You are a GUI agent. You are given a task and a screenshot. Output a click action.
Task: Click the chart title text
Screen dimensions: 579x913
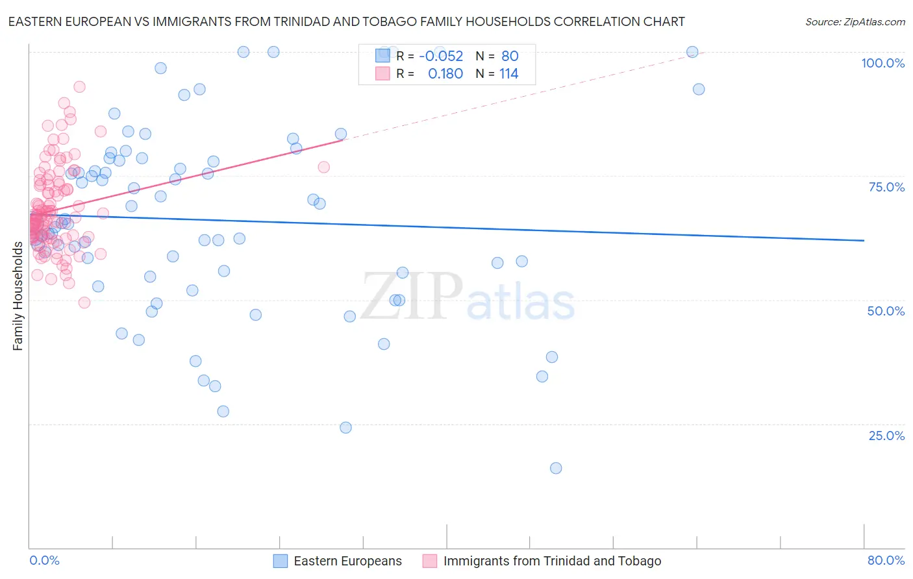coord(346,21)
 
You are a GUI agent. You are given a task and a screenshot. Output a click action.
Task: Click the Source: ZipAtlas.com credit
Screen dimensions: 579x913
coord(855,21)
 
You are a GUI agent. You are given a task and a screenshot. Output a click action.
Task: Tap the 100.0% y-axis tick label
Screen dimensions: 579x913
coord(882,63)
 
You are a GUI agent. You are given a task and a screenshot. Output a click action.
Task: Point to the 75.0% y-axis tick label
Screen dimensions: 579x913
coord(886,187)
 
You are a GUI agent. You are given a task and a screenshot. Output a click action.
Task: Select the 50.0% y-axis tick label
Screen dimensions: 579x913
coord(886,311)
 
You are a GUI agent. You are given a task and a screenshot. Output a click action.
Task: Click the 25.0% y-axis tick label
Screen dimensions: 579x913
coord(886,435)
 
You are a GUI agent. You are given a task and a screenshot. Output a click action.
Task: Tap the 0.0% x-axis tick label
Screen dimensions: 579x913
coord(44,560)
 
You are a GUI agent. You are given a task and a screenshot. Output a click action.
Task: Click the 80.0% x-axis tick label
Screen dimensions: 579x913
coord(886,560)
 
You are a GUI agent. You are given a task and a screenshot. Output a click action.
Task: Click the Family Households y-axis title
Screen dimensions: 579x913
coord(18,296)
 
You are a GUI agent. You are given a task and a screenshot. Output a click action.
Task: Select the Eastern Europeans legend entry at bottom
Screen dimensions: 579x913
coord(347,561)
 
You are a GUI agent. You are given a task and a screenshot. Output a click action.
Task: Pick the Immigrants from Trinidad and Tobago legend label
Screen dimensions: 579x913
coord(552,561)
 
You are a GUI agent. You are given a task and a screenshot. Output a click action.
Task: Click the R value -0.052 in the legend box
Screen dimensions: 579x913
coord(441,56)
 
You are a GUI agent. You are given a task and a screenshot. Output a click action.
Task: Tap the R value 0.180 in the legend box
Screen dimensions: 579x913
coord(445,73)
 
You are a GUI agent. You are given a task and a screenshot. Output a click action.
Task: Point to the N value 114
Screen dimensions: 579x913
coord(508,73)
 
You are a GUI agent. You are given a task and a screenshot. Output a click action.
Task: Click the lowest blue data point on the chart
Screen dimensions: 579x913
coord(556,468)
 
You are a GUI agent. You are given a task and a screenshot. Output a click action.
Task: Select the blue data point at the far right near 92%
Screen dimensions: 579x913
coord(699,90)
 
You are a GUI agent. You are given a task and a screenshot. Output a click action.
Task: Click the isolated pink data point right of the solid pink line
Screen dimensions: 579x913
coord(323,167)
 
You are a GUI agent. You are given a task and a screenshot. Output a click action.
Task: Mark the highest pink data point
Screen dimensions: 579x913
coord(79,87)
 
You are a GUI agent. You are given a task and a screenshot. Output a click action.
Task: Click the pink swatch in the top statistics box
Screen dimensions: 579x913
coord(382,73)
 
